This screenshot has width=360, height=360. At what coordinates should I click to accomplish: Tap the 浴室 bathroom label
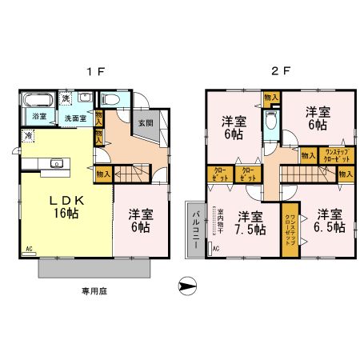[38, 117]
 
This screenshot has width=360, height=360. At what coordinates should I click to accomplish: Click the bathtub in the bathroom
[38, 101]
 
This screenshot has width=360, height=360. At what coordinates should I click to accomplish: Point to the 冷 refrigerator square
[28, 136]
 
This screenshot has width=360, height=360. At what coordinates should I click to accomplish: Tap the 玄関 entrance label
[144, 123]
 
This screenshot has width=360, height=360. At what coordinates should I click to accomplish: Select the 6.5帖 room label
[328, 222]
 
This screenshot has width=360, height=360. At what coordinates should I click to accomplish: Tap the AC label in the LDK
[29, 250]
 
